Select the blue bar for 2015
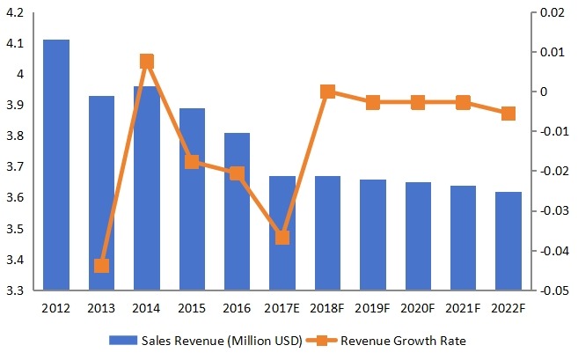pyautogui.click(x=192, y=199)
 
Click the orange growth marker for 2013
pyautogui.click(x=101, y=266)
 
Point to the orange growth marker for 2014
pyautogui.click(x=146, y=62)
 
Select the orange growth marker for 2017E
pyautogui.click(x=282, y=238)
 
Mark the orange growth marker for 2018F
pyautogui.click(x=327, y=92)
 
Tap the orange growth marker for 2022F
pyautogui.click(x=508, y=114)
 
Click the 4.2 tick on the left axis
pyautogui.click(x=17, y=13)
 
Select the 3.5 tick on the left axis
pyautogui.click(x=17, y=230)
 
